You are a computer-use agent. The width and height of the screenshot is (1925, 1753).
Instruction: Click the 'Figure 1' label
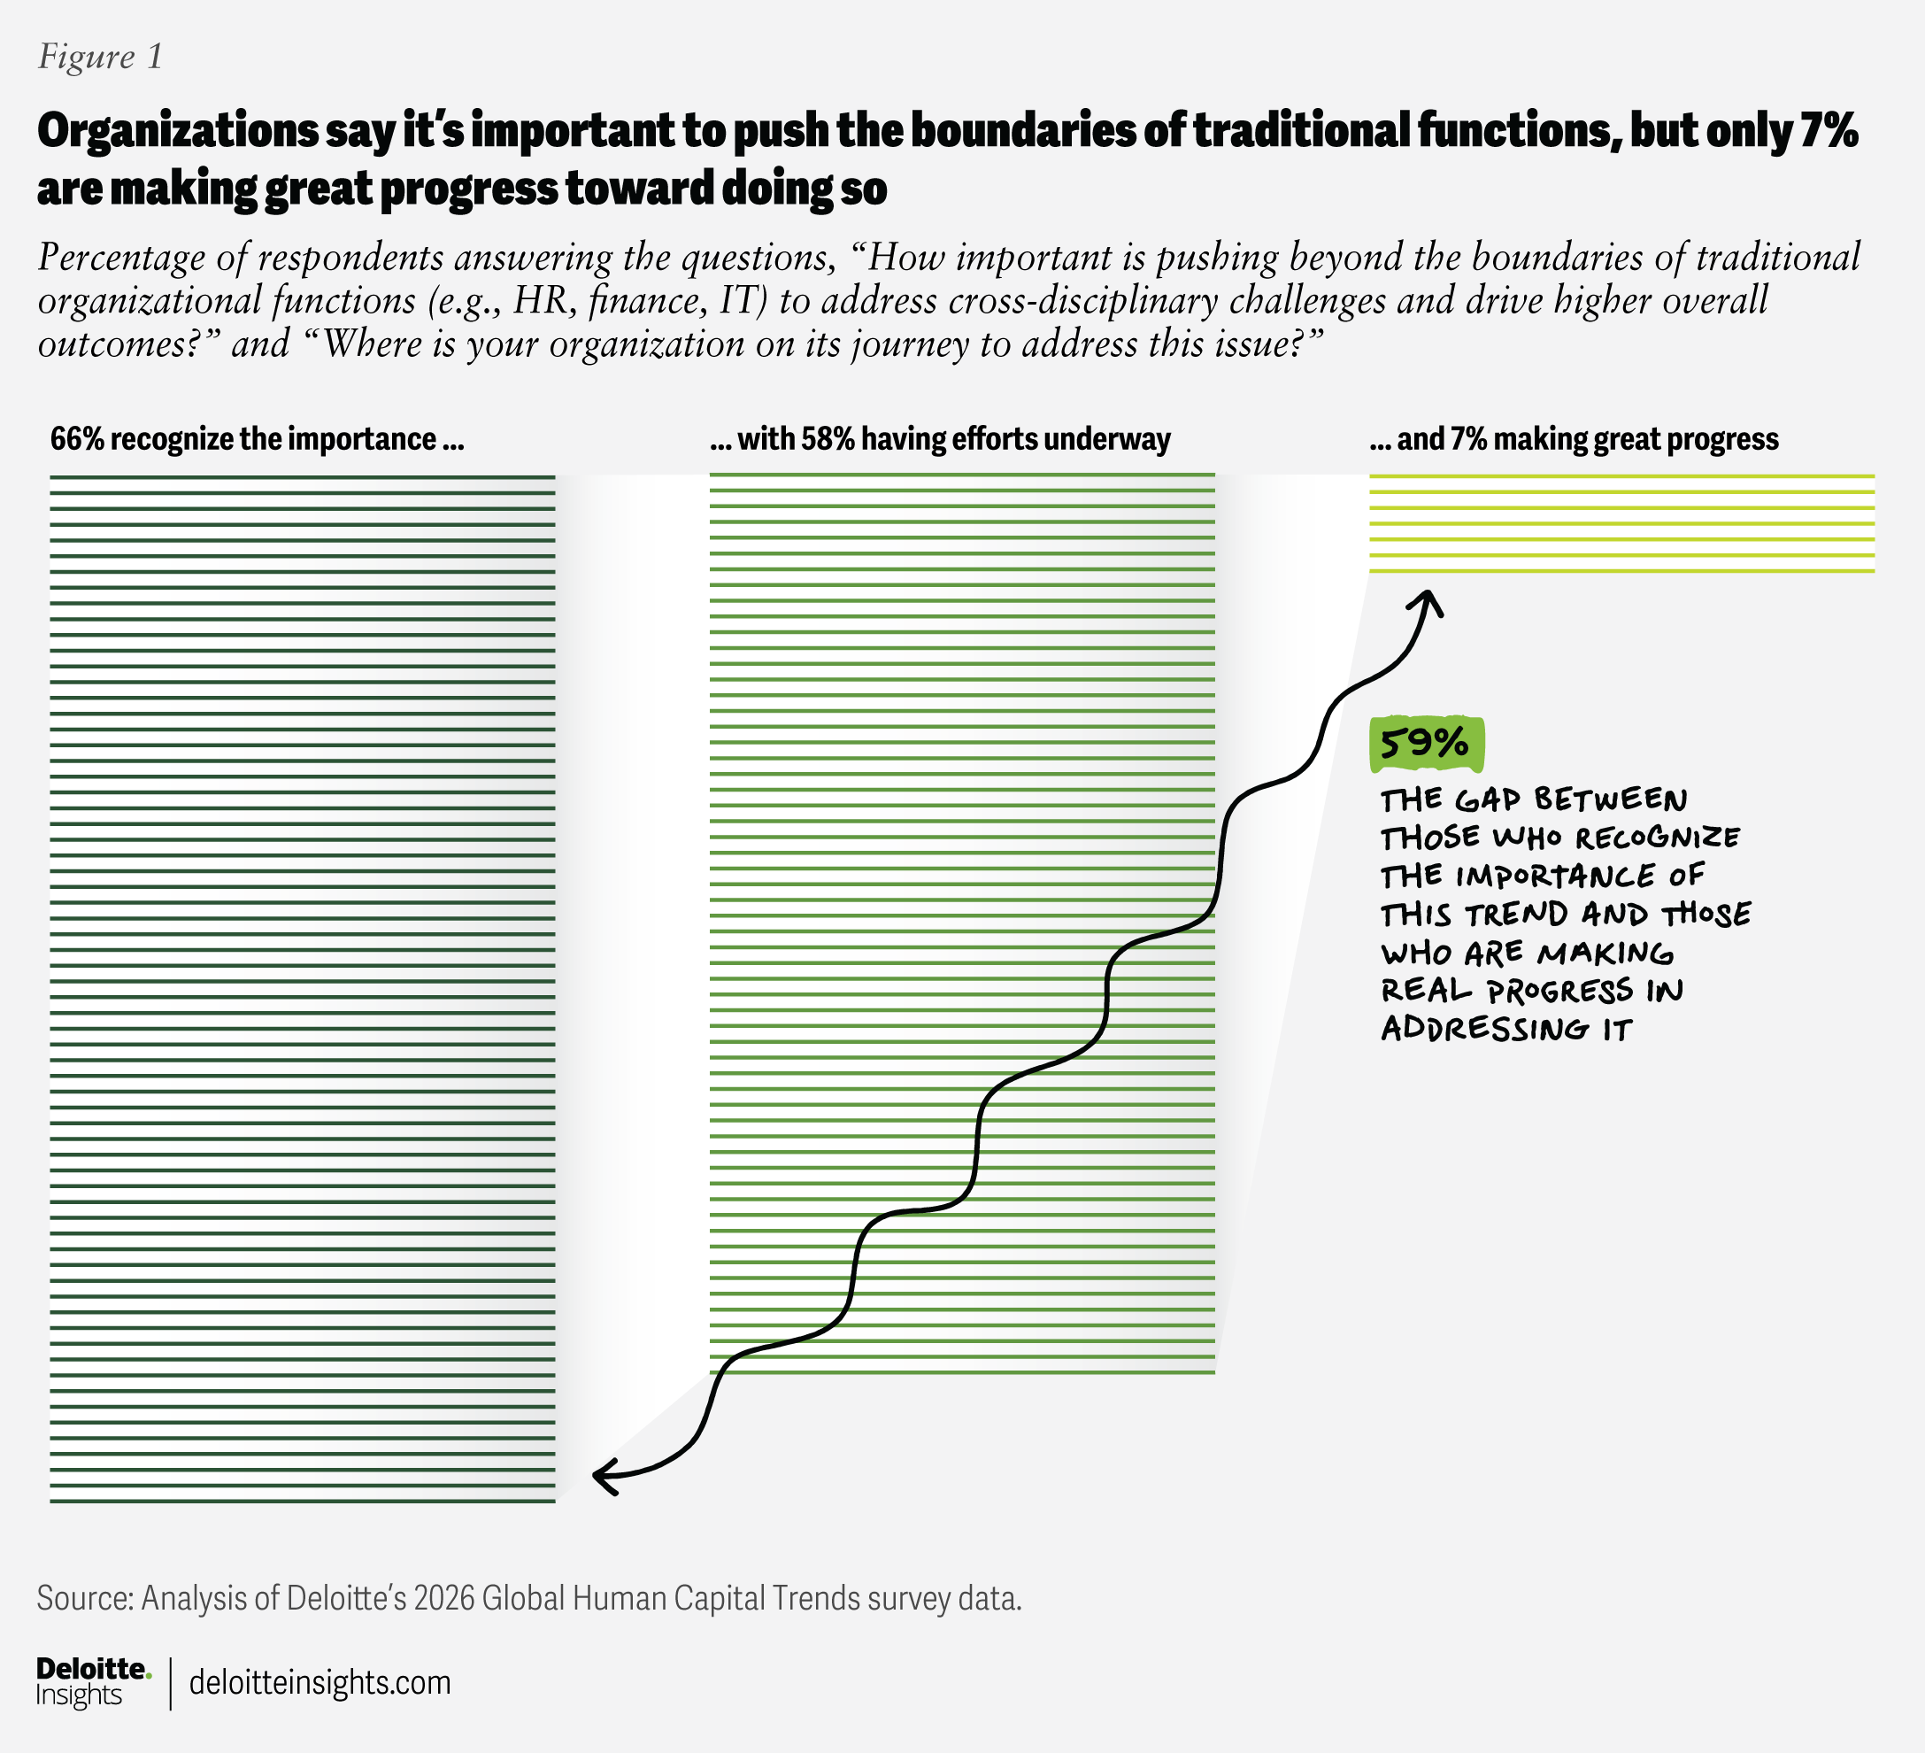(x=100, y=58)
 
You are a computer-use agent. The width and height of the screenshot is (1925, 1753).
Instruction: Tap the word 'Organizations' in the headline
(x=178, y=131)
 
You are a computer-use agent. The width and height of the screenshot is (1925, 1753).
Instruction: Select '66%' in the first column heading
(x=76, y=439)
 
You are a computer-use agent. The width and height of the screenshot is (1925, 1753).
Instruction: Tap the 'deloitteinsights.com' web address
(x=320, y=1681)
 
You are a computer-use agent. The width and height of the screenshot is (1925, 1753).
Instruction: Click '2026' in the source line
(x=444, y=1598)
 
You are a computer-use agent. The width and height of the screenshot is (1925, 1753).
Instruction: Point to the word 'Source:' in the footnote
(x=84, y=1598)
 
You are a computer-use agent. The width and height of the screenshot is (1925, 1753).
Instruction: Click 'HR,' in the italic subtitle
(x=543, y=301)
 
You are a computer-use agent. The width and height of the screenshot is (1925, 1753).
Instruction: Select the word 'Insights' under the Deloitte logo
(x=80, y=1695)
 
